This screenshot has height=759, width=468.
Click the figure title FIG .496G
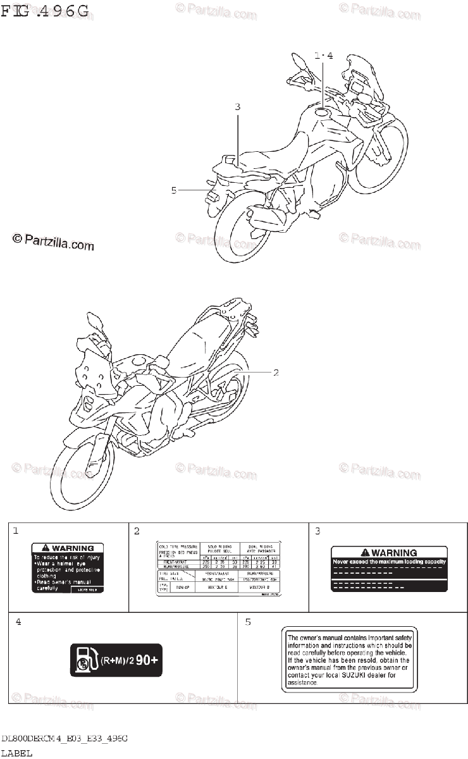coord(46,13)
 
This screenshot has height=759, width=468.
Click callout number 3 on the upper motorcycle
coord(238,107)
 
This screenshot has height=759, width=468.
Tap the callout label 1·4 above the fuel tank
coord(323,56)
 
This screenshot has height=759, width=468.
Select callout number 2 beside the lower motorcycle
coord(276,373)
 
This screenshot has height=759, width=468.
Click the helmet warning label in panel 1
coord(68,567)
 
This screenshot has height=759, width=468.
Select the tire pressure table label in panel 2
coord(218,569)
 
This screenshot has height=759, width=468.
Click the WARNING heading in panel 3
coord(389,552)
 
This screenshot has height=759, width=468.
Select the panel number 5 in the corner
coord(248,622)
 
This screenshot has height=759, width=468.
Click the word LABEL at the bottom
coord(16,753)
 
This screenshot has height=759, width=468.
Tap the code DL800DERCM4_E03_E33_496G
coord(65,739)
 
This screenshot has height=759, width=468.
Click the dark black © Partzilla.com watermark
coord(52,241)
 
